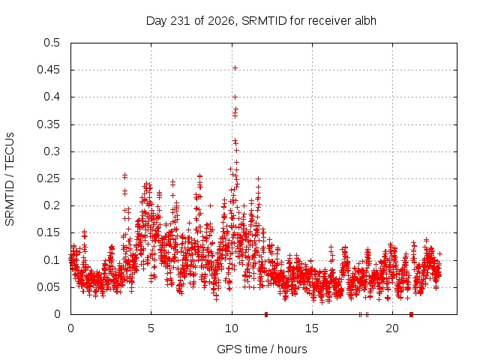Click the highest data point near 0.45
235,68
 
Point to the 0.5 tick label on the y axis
52,43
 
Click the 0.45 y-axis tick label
48,70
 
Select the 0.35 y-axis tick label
48,124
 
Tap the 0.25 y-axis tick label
48,178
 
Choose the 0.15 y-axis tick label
48,232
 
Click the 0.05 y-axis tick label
48,287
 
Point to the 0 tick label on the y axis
57,314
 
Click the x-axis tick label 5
151,328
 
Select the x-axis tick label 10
232,328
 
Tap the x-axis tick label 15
312,328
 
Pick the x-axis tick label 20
392,328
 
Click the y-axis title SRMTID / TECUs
10,179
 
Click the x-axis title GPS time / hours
262,349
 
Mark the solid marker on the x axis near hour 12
266,314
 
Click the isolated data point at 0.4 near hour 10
235,97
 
